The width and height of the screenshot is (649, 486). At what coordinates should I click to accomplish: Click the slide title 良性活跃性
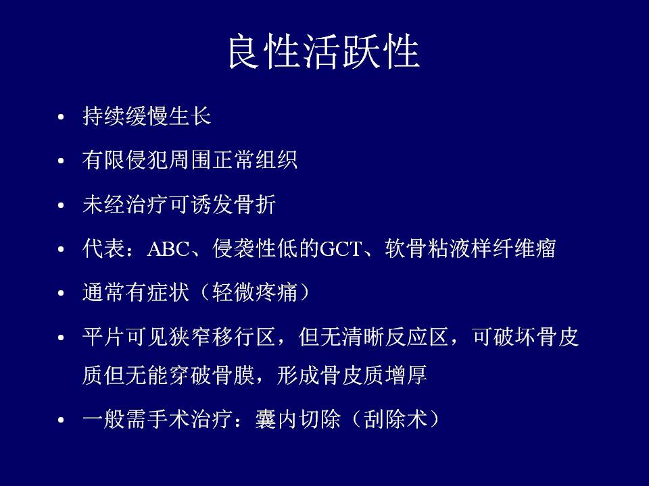coord(324,52)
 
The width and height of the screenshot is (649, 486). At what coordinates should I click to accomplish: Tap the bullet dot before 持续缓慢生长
coord(61,117)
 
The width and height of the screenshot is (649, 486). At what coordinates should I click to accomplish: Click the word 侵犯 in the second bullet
coord(147,160)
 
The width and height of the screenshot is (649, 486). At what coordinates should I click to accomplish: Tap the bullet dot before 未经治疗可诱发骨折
coord(61,205)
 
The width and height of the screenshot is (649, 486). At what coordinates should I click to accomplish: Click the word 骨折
coord(255,205)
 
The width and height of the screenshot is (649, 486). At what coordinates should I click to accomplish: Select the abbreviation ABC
coord(168,249)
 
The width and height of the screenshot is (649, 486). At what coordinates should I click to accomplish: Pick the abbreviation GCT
coord(341,249)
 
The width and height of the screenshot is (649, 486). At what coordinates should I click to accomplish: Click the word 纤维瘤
coord(523,248)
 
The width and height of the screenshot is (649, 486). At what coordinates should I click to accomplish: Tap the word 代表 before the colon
coord(103,248)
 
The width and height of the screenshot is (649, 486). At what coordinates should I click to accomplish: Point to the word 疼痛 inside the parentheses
coord(276,292)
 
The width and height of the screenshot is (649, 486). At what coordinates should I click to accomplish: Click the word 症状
coord(168,292)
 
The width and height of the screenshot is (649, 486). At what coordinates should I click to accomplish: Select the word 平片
coord(103,337)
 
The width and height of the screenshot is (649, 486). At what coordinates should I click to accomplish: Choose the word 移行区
coord(244,337)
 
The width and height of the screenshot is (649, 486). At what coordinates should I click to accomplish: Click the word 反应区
coord(417,337)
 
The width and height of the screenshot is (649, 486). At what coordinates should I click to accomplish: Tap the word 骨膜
coord(233,375)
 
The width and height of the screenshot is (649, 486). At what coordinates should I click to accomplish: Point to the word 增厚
coord(406,375)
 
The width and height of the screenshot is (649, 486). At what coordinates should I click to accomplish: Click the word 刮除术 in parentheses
coord(395,419)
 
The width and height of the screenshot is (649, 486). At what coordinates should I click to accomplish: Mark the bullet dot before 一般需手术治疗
coord(61,421)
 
